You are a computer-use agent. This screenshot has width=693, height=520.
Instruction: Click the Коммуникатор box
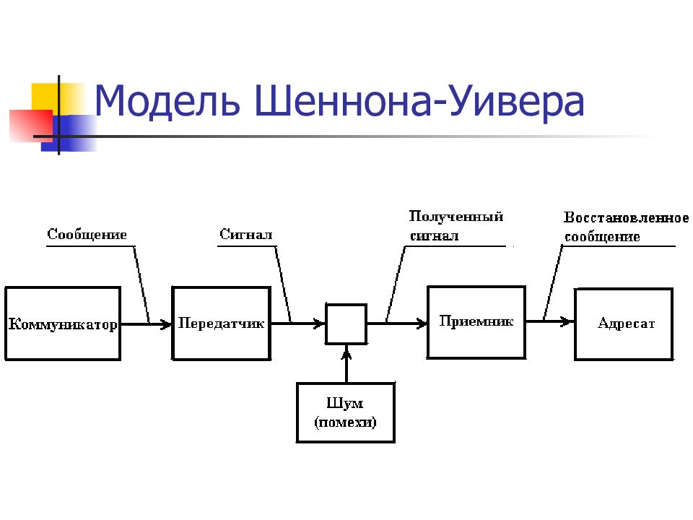63,324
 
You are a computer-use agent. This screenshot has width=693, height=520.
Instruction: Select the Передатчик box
221,324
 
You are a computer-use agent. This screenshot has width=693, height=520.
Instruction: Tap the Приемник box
476,322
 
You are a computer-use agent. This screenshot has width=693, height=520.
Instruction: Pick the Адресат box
624,324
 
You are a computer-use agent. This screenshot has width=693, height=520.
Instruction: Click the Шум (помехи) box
346,412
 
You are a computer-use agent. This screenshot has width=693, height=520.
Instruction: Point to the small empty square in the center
346,324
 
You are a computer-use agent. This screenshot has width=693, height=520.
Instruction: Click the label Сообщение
87,234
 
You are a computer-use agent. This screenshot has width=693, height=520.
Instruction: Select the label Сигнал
245,234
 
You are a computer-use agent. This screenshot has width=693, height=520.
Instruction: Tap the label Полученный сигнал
456,225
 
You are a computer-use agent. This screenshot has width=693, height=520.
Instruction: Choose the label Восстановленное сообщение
627,227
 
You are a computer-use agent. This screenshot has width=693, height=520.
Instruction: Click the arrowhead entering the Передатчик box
166,324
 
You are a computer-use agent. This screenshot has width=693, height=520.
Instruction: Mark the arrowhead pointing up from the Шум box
347,353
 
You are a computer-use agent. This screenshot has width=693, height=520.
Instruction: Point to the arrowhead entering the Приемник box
422,324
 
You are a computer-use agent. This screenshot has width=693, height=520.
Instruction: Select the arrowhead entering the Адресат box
568,321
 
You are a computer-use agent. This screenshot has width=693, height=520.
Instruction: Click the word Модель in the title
167,102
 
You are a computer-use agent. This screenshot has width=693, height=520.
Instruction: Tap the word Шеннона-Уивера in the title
420,102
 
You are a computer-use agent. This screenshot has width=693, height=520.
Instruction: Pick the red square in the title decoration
31,126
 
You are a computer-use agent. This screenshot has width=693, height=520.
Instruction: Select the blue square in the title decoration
69,133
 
